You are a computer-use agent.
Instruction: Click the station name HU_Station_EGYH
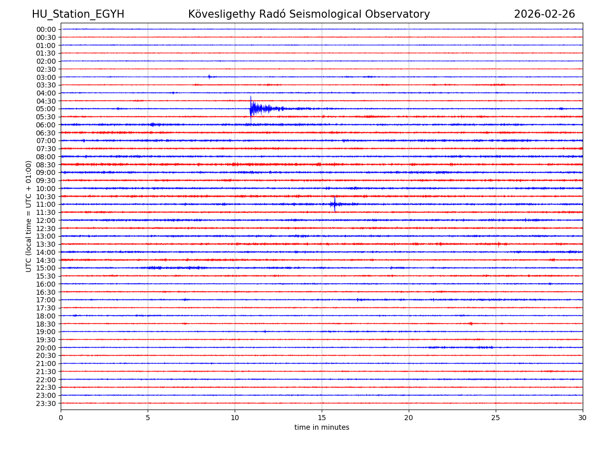(78, 14)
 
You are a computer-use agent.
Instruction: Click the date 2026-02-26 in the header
(544, 14)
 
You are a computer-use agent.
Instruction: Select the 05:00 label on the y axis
(46, 109)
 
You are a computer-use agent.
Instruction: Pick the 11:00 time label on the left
(46, 204)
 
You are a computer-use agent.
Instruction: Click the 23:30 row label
(46, 403)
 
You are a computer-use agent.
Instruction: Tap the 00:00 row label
(46, 29)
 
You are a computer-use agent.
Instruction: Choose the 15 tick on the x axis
(322, 418)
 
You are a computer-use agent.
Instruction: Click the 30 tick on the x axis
(583, 418)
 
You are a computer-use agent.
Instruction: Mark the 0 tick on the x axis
(61, 418)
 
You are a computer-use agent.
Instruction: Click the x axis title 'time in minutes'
(322, 428)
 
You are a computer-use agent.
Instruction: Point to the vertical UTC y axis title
(29, 216)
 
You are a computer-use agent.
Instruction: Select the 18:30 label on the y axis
(46, 324)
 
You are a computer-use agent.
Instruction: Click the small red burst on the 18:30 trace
(471, 324)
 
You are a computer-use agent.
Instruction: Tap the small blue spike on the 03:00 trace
(209, 77)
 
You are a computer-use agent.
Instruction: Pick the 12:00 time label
(46, 220)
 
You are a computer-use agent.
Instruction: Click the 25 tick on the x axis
(496, 418)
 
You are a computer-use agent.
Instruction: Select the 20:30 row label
(46, 355)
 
